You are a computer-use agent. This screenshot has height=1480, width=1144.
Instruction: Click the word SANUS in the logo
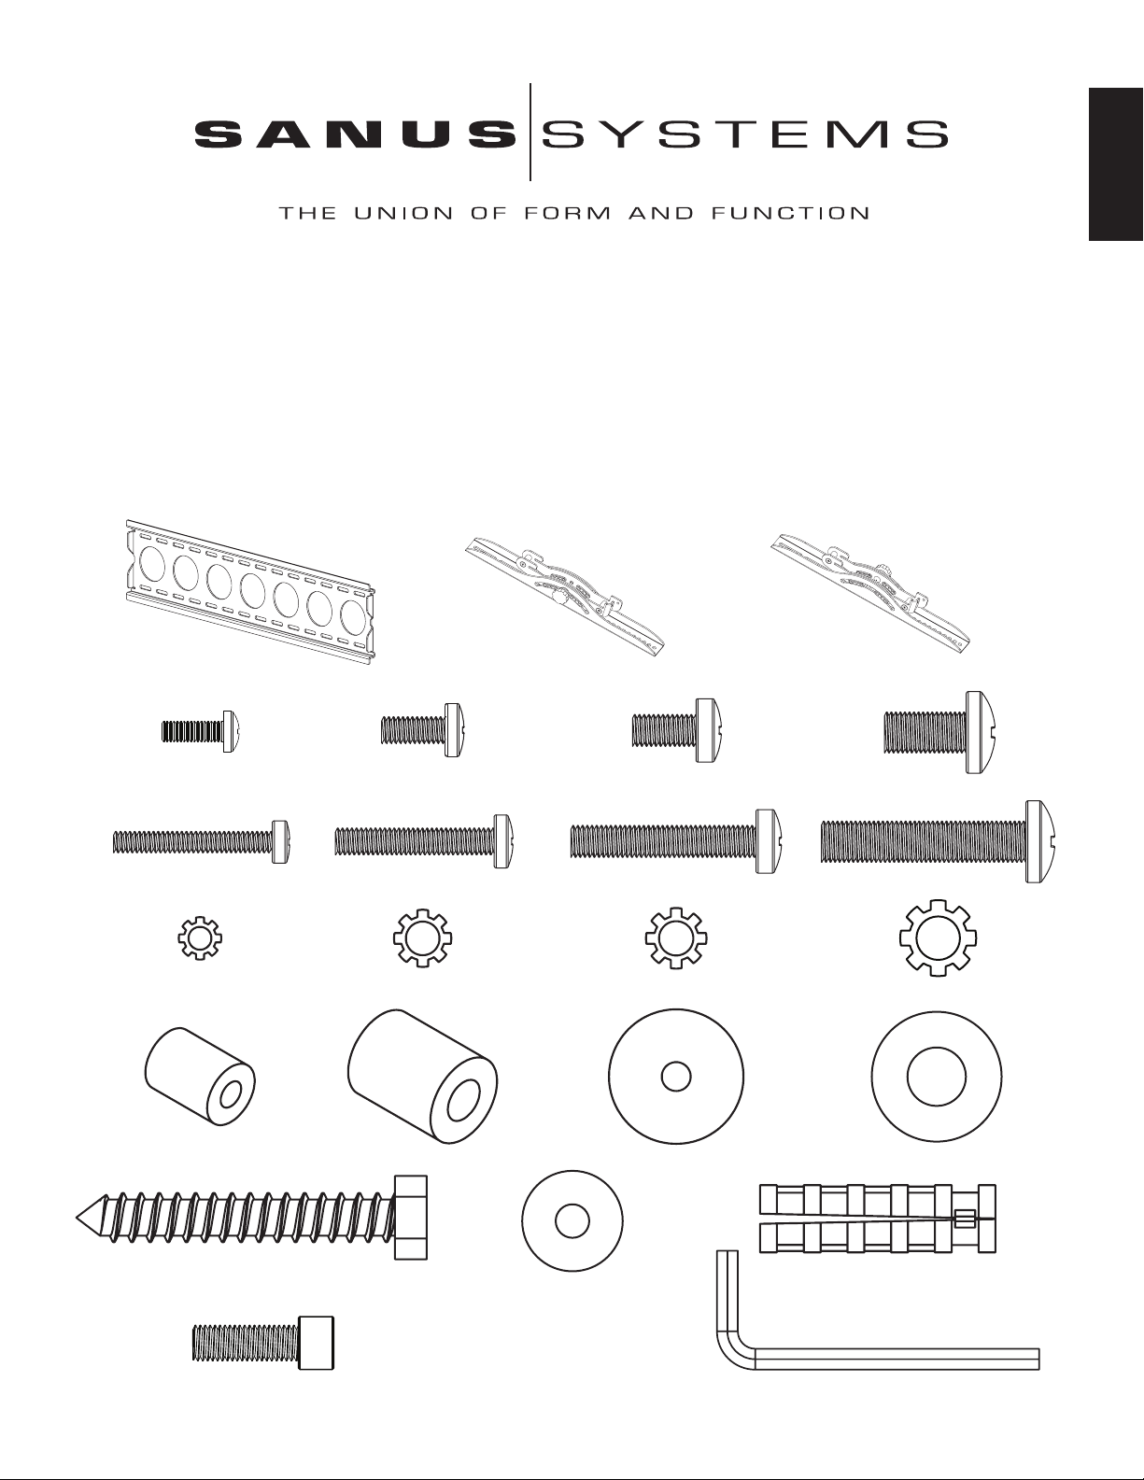[x=355, y=134]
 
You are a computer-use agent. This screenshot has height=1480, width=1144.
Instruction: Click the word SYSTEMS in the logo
[x=744, y=134]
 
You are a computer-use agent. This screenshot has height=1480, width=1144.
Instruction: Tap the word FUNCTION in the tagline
[x=790, y=213]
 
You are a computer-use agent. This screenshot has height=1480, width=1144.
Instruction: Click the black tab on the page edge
[x=1116, y=163]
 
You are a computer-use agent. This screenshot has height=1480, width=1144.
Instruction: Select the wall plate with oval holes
[x=250, y=591]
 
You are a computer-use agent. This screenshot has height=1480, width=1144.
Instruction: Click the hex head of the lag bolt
[x=411, y=1217]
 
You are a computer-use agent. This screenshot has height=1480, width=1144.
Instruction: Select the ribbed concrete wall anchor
[x=877, y=1219]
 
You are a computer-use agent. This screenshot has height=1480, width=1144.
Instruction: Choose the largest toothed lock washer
[x=938, y=938]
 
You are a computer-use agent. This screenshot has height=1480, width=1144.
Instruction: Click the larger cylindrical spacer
[x=422, y=1076]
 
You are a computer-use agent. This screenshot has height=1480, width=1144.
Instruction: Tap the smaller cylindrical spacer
[x=200, y=1076]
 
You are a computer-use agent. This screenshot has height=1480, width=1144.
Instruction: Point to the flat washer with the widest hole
[x=937, y=1077]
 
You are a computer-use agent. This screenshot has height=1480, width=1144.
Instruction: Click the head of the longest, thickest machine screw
[x=1043, y=842]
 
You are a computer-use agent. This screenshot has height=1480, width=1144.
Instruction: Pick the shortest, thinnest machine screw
[x=203, y=731]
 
